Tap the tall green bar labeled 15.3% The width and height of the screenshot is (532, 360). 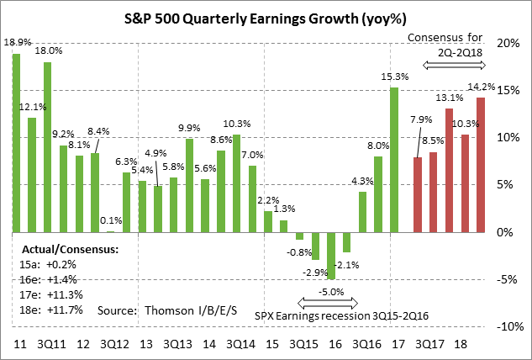393,160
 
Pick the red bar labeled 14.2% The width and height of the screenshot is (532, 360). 480,165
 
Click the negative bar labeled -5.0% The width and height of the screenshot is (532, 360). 332,256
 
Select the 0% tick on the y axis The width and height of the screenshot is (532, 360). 507,232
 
